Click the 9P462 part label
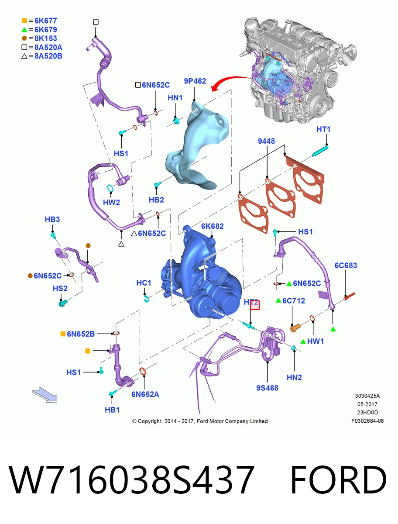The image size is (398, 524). pos(195,81)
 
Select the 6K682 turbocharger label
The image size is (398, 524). pos(212,226)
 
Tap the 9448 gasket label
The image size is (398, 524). pos(266,141)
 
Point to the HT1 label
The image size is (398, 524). pos(323,129)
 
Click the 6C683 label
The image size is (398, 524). pos(346,265)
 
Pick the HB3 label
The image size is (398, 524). pos(52,219)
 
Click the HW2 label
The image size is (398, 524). pos(111,203)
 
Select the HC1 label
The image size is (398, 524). pos(144,283)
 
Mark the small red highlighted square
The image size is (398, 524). pos(255,305)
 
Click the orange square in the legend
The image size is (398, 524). pos(24,21)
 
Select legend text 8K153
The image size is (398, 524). pos(46,38)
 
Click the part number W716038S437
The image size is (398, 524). pos(131,479)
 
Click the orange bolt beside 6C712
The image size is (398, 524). pos(295,327)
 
